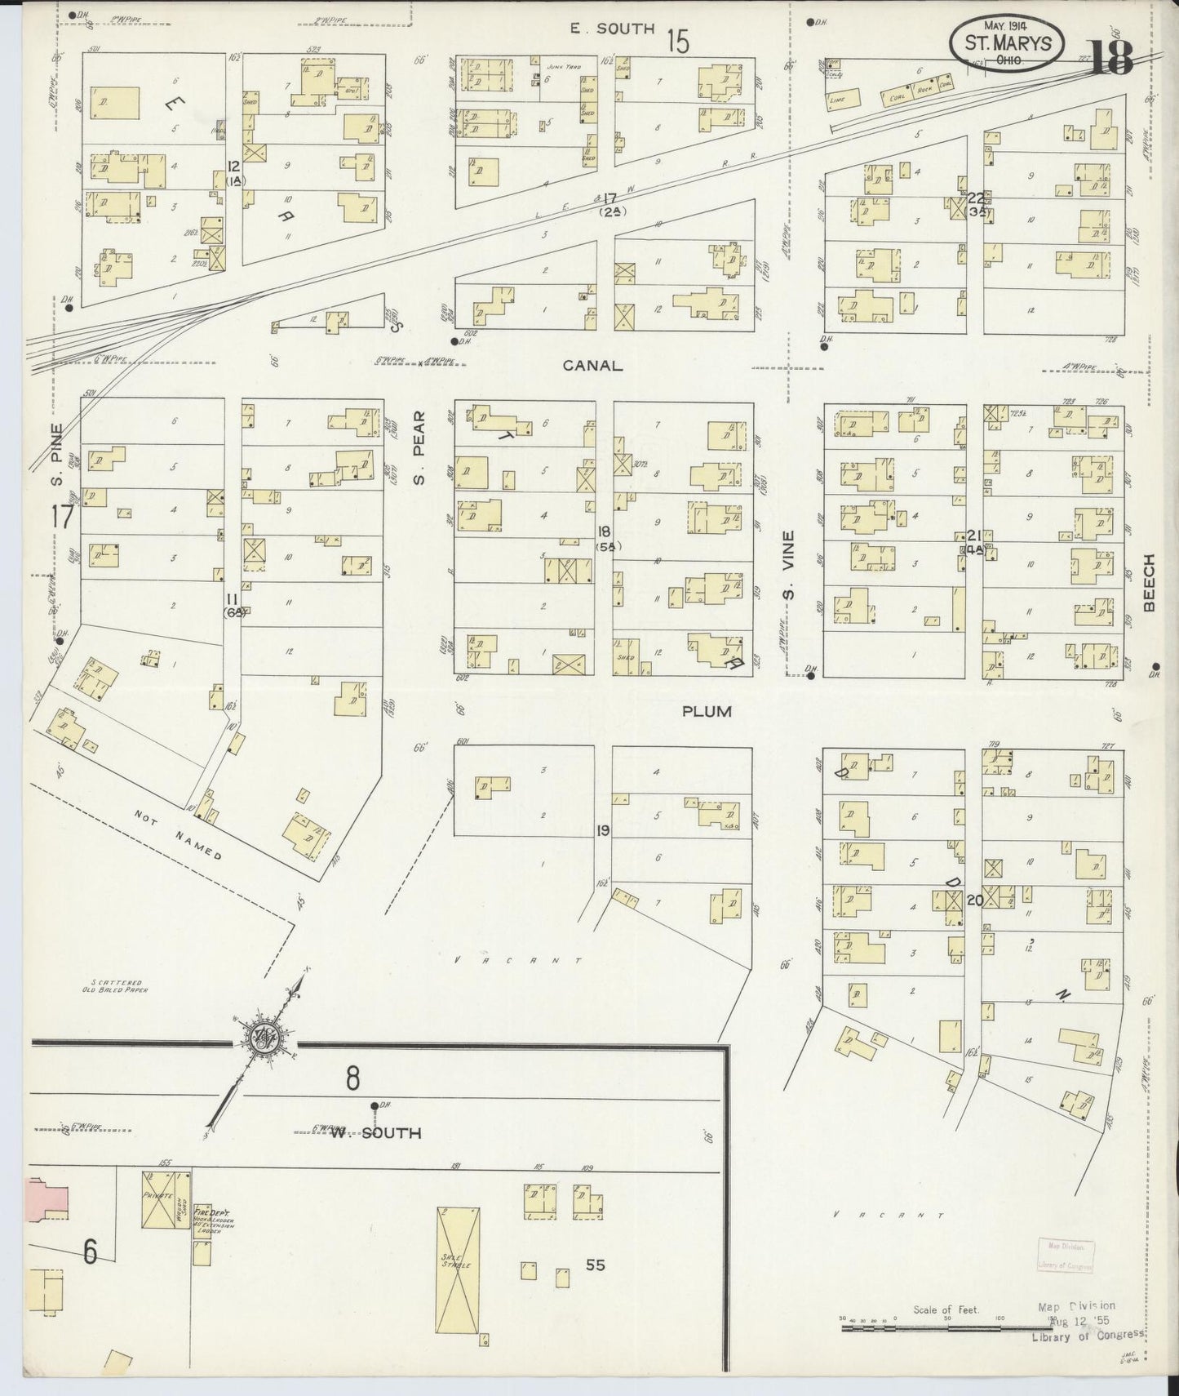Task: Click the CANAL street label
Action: coord(592,366)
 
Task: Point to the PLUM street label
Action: coord(707,712)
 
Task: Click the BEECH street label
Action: coord(1150,582)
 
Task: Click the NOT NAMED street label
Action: coord(179,834)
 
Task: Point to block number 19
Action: coord(603,831)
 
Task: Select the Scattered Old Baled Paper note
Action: coord(117,986)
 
